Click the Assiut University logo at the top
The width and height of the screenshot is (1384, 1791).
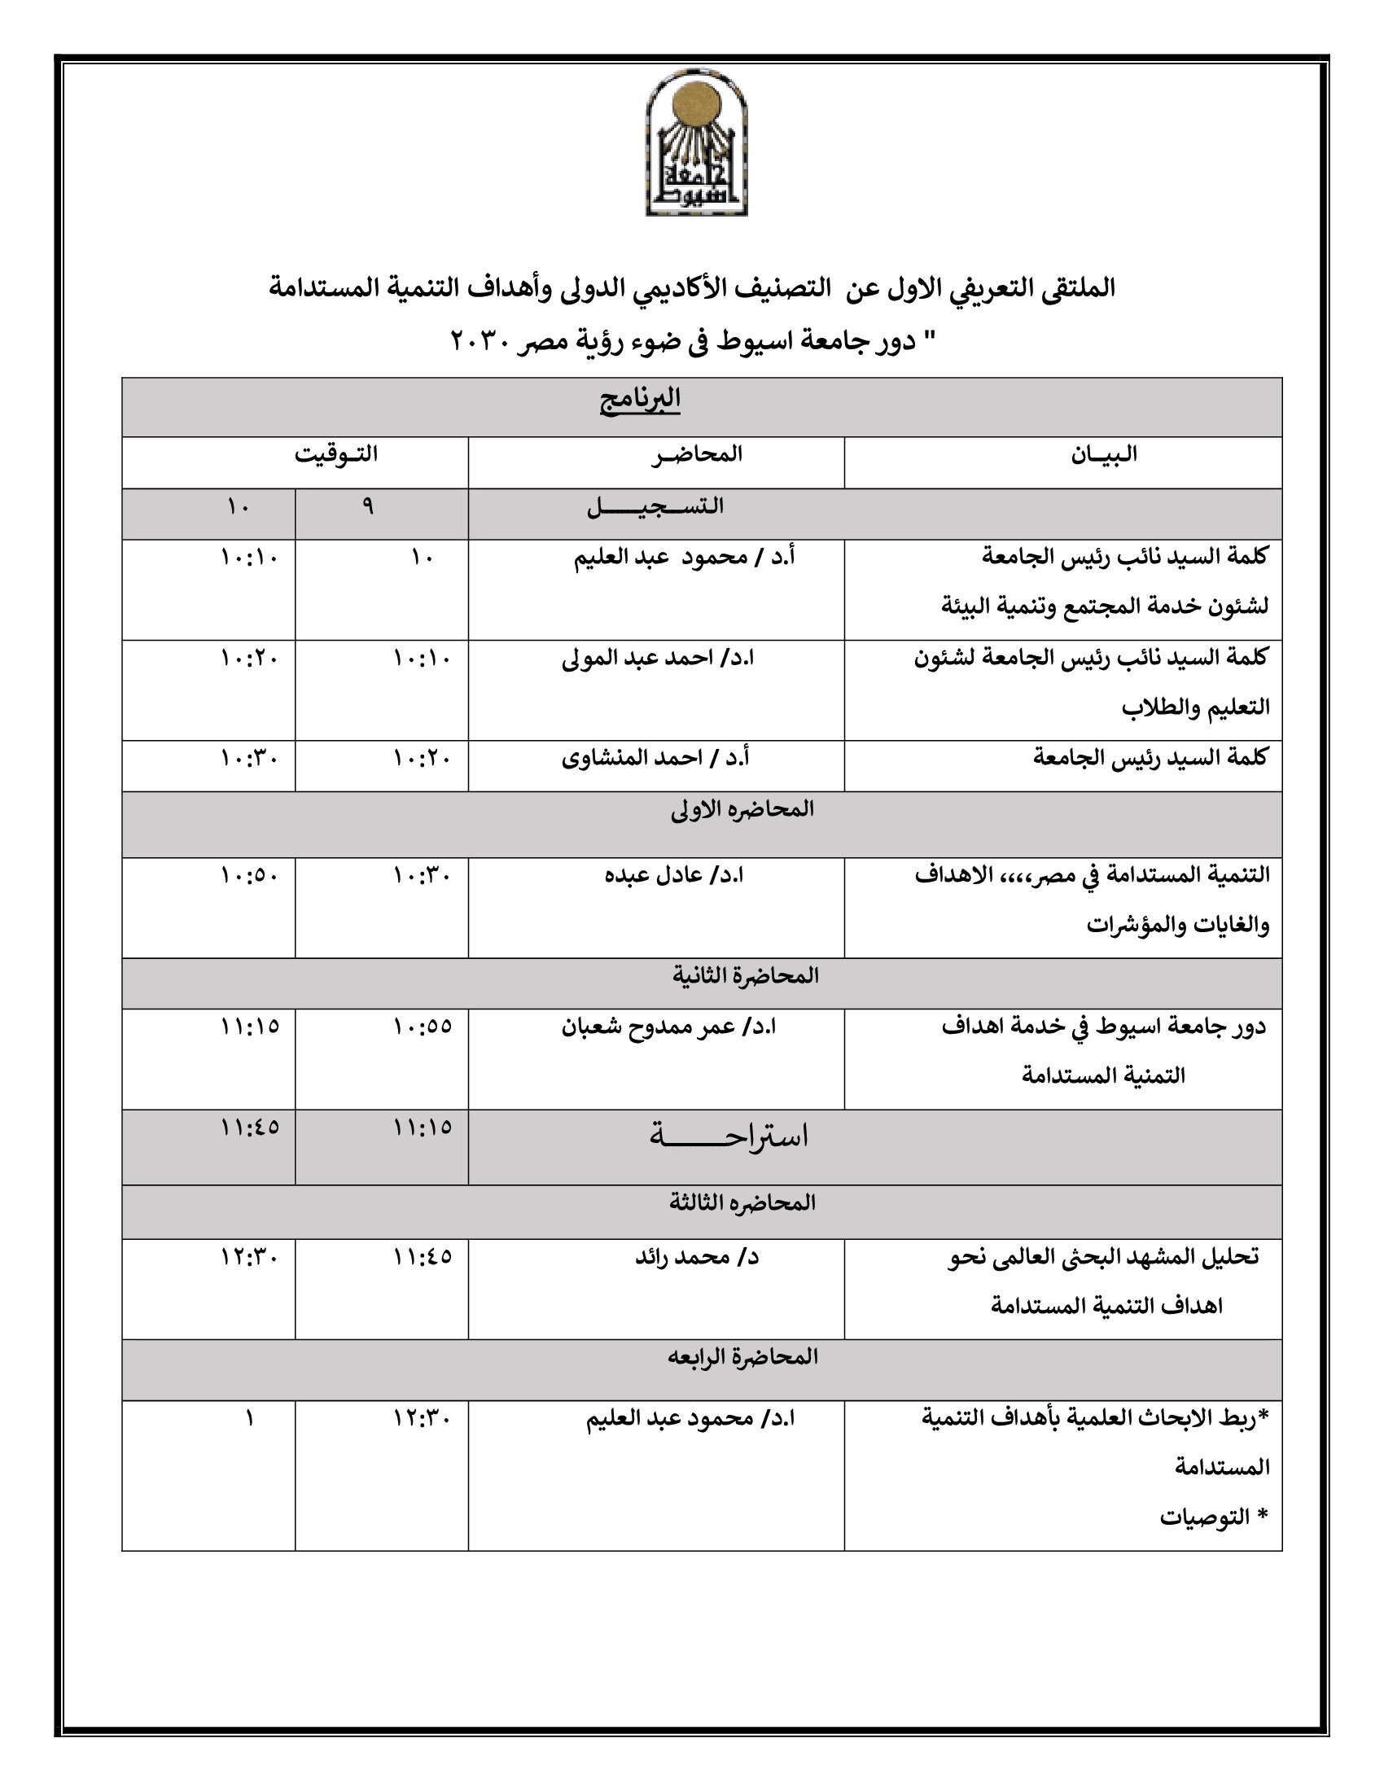pos(696,143)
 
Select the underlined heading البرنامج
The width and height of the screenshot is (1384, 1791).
pos(641,400)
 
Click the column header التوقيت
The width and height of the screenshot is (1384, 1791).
pos(336,453)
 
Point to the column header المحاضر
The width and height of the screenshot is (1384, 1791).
pos(697,453)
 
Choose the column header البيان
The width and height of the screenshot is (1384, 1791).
pos(1104,453)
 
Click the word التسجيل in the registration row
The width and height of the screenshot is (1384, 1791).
pos(655,506)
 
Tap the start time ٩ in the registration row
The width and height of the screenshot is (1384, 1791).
pos(367,507)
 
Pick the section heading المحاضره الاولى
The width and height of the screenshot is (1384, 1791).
pos(742,808)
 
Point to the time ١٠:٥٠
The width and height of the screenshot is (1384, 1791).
pos(249,875)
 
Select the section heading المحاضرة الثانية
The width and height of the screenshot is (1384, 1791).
pos(745,975)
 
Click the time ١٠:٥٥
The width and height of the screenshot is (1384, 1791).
pos(423,1026)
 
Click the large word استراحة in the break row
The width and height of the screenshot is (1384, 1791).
pos(728,1136)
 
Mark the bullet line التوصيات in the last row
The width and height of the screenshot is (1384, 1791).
pos(1205,1517)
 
